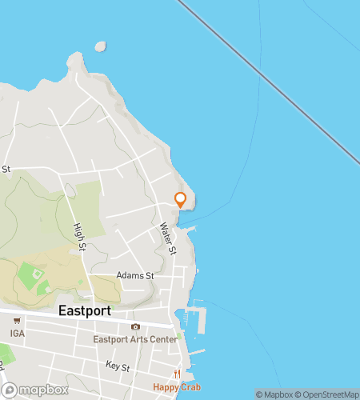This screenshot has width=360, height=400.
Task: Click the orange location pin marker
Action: coord(181,200)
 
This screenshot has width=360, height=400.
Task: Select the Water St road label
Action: coord(168,238)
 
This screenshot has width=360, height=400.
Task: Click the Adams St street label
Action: coord(134,275)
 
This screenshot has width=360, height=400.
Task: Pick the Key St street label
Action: coord(118,365)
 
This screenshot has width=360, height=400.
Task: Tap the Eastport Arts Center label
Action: coord(135,339)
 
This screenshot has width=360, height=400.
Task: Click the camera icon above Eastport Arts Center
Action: coord(135,326)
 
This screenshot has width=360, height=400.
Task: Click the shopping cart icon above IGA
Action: coord(10,322)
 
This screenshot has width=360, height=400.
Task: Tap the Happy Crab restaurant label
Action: coord(178,387)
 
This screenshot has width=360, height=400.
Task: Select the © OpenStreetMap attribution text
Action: coord(327,394)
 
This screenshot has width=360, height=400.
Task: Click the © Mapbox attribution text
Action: coord(274,394)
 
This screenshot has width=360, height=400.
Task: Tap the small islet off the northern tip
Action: coord(100,46)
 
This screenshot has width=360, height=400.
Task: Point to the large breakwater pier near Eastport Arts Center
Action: coord(198,320)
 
